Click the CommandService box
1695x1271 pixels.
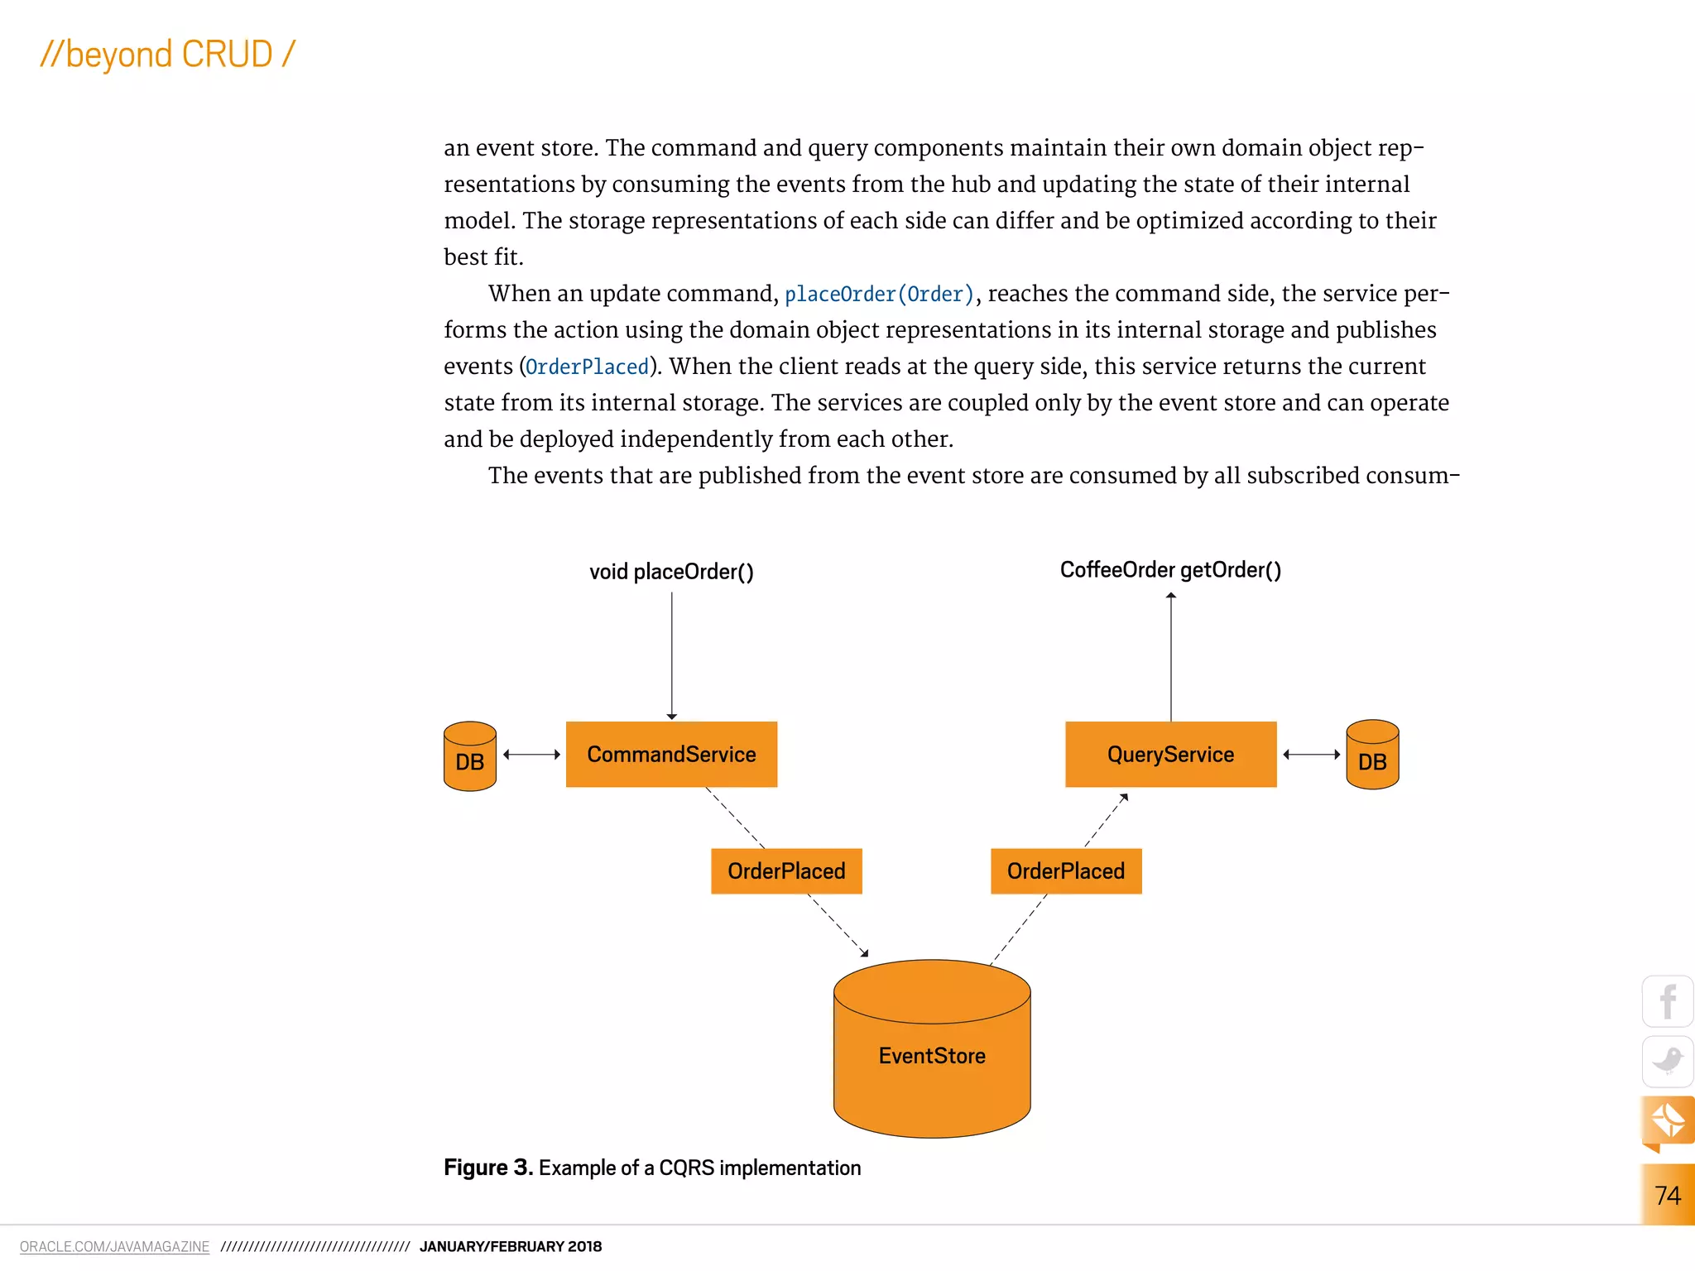coord(671,754)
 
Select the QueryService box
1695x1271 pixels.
coord(1170,754)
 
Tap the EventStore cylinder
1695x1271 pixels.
coord(932,1055)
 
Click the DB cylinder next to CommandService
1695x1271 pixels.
coord(469,756)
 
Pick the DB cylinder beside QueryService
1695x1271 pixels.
coord(1372,755)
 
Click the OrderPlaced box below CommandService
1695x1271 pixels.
coord(786,871)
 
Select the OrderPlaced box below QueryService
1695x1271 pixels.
coord(1066,871)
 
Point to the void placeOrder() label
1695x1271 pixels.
coord(671,572)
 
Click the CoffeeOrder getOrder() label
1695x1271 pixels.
coord(1170,570)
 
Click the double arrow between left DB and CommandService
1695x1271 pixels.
coord(531,754)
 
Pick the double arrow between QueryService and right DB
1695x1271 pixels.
coord(1312,754)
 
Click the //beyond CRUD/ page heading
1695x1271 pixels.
coord(168,55)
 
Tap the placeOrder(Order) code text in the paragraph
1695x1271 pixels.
coord(879,295)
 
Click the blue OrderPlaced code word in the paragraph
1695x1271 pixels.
coord(588,367)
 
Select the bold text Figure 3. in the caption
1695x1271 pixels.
coord(488,1168)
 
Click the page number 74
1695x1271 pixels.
coord(1667,1195)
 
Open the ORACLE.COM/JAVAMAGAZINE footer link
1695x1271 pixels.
coord(114,1246)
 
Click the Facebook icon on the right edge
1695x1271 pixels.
coord(1668,1001)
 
